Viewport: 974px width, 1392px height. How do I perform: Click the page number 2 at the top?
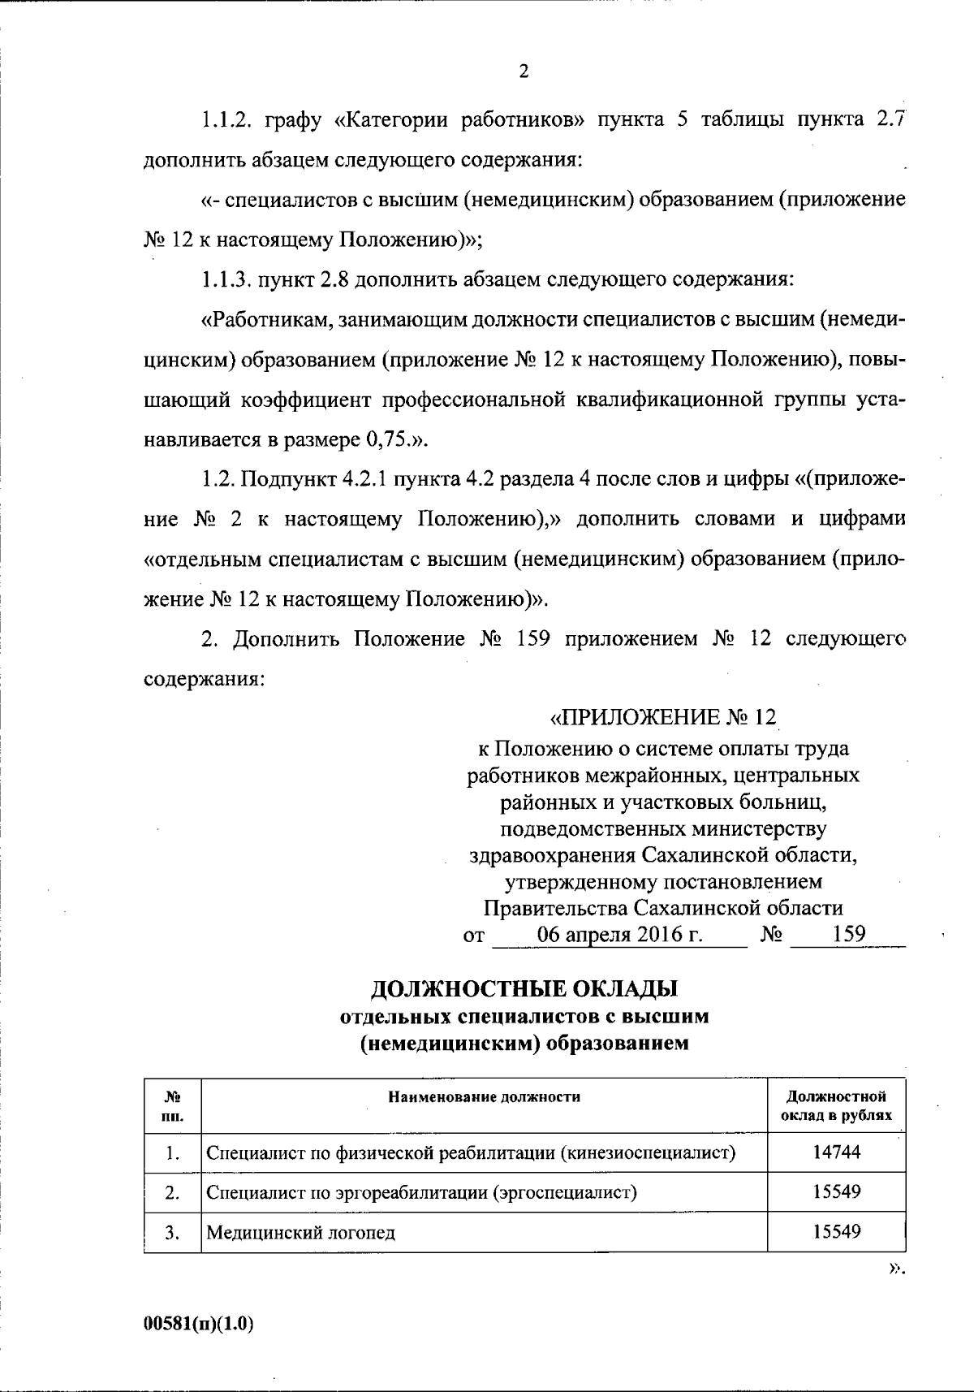(x=524, y=71)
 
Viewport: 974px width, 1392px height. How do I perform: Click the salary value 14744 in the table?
(x=836, y=1152)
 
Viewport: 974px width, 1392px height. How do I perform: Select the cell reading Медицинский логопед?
(x=300, y=1232)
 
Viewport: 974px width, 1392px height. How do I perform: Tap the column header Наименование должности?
(x=484, y=1097)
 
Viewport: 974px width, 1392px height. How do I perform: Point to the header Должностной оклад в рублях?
(x=836, y=1106)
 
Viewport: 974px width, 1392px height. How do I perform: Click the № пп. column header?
(x=172, y=1106)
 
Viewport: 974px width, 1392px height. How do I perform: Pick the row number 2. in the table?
(x=172, y=1192)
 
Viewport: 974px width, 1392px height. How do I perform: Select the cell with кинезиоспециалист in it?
(x=471, y=1152)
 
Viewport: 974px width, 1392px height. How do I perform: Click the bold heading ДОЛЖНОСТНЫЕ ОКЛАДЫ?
(x=524, y=989)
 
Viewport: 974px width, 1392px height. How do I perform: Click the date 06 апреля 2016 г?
(x=620, y=934)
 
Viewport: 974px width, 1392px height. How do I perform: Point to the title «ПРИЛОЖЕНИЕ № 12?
(x=663, y=718)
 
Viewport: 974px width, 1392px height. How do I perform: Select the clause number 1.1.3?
(x=226, y=280)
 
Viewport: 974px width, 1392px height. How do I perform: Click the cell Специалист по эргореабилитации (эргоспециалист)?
(x=421, y=1192)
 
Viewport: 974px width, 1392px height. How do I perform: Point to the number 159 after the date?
(x=849, y=934)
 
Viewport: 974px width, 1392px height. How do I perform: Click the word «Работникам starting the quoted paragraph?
(x=263, y=320)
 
